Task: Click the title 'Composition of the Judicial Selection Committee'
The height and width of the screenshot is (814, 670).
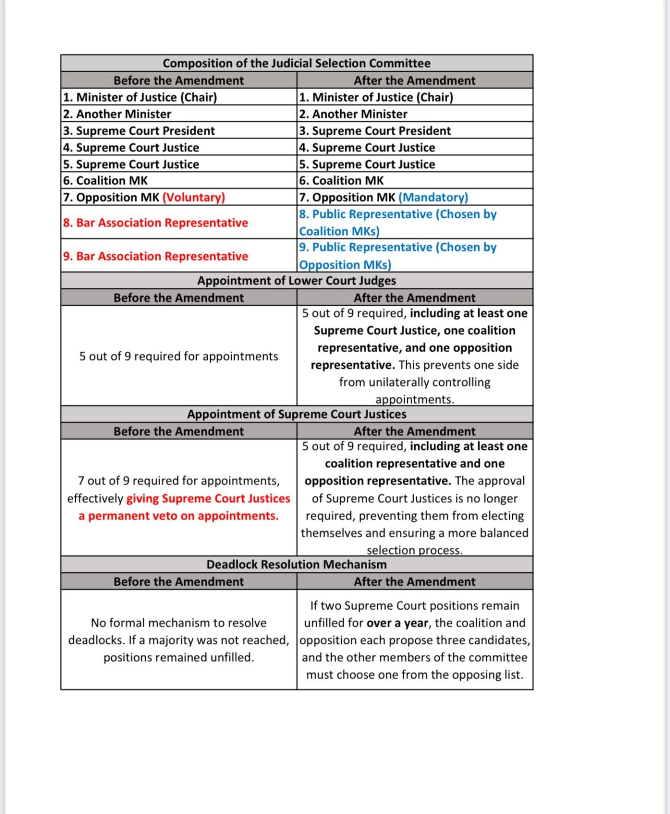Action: coord(296,63)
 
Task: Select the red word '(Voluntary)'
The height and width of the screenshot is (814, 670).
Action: coord(193,197)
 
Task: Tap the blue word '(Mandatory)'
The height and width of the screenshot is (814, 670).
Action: coord(433,197)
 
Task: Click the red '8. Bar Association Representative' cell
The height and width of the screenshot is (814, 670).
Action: coord(155,223)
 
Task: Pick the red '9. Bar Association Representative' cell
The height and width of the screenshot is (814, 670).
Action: coord(155,256)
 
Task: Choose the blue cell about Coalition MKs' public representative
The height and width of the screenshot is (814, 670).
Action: coord(397,223)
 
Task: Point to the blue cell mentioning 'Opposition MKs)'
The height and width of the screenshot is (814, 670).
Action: coord(397,256)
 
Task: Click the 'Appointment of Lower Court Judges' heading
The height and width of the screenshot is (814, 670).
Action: coord(296,280)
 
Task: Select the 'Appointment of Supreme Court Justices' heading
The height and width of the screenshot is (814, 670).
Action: coord(296,414)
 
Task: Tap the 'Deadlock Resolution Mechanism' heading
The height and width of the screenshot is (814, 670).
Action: coord(296,564)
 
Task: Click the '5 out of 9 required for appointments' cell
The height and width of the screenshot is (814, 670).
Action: coord(178,356)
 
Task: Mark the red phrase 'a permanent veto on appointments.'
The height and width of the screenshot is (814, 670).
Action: coord(178,516)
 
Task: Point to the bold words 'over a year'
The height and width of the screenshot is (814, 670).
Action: coord(397,623)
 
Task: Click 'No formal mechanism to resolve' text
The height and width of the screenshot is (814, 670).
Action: coord(178,623)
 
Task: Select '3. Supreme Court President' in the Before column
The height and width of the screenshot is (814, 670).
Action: coord(139,130)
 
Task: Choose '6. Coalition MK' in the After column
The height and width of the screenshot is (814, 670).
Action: coord(341,180)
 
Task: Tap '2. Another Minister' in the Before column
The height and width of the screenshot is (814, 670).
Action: coord(117,114)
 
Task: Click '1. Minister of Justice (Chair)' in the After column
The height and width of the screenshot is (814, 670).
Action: coord(376,97)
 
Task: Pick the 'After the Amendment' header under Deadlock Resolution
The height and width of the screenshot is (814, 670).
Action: coord(414,581)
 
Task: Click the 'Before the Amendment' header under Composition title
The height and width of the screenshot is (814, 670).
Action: coord(178,80)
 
